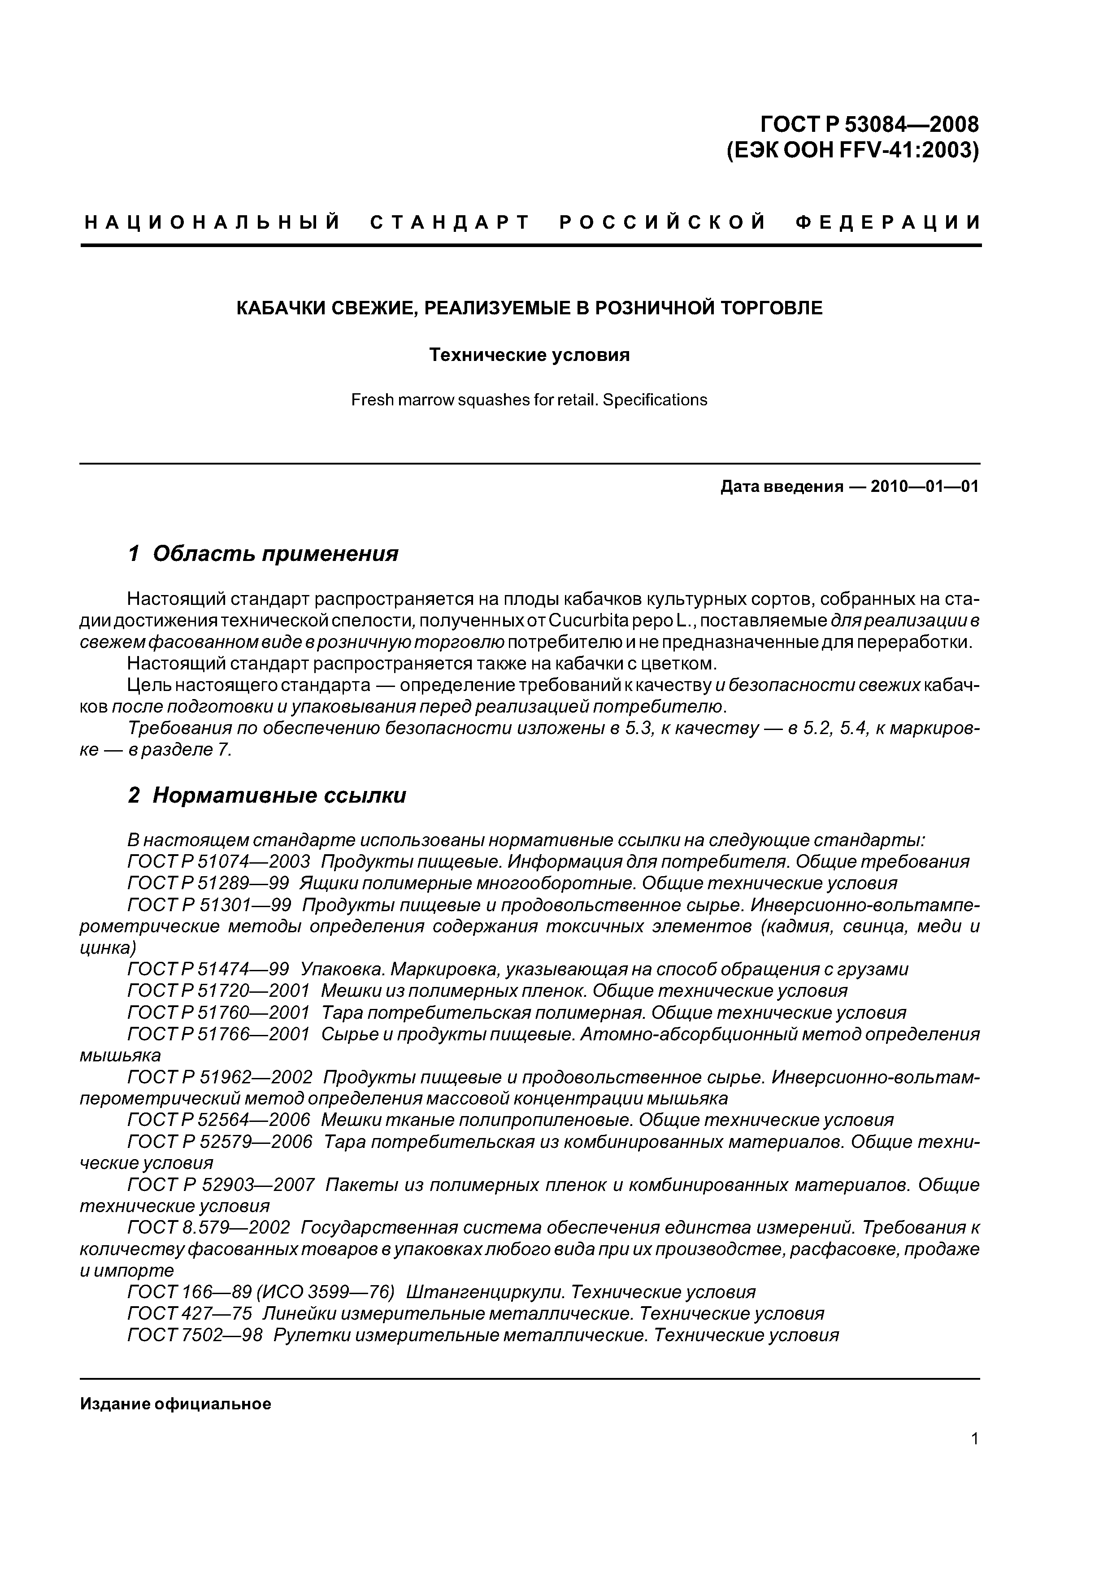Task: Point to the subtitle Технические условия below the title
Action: point(529,355)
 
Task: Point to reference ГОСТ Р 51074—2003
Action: point(218,861)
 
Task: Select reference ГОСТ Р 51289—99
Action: point(208,882)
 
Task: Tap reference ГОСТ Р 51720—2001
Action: point(218,991)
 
